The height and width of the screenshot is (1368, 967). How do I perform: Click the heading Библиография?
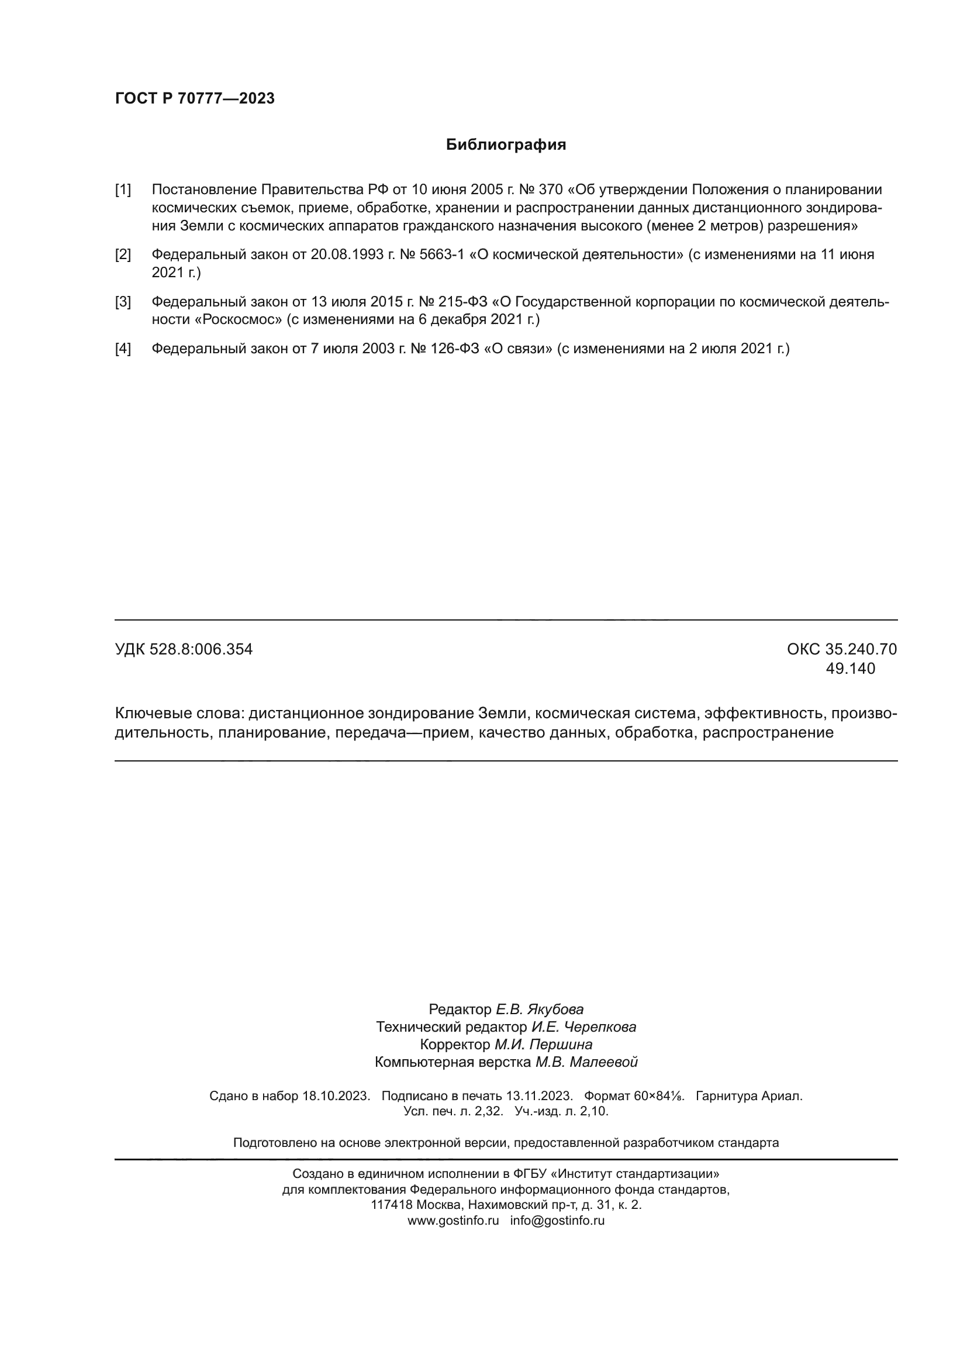click(x=506, y=145)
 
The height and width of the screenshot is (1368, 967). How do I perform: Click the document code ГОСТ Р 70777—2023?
click(x=195, y=98)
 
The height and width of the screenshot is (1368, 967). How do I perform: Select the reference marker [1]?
click(x=123, y=190)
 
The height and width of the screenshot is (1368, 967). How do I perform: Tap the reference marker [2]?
click(x=123, y=255)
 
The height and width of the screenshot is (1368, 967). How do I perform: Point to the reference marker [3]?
click(x=123, y=302)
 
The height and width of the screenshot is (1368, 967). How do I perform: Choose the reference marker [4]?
click(x=123, y=349)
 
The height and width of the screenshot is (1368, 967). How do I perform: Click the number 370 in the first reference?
click(x=550, y=190)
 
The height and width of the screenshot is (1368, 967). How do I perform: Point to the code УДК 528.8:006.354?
click(x=184, y=649)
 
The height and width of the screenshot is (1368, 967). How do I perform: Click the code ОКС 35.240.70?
click(x=841, y=649)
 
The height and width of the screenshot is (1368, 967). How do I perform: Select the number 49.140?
click(x=850, y=669)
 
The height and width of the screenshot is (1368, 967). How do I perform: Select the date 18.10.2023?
click(x=336, y=1095)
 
